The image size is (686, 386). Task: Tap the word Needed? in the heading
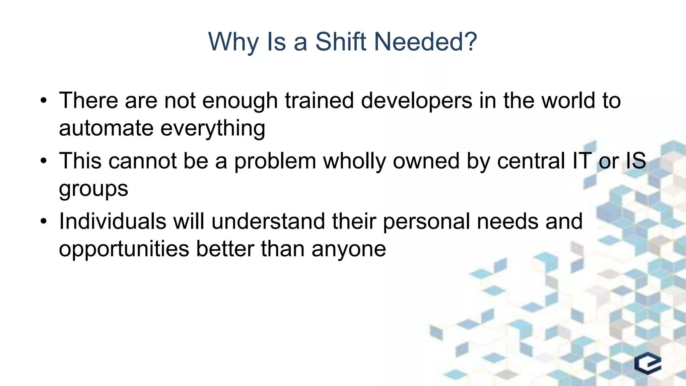425,42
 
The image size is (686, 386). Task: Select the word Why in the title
233,42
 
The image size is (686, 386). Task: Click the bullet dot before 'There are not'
43,101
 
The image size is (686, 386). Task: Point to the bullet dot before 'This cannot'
43,161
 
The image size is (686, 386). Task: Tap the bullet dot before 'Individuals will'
43,221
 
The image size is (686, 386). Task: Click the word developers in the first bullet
416,101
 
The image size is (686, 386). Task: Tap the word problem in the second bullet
275,162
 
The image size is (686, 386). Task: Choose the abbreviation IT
582,161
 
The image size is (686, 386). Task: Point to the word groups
93,189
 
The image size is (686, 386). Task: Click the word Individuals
113,221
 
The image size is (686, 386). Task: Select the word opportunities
124,249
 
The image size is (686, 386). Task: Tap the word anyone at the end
349,249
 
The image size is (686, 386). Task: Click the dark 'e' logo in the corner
647,363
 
